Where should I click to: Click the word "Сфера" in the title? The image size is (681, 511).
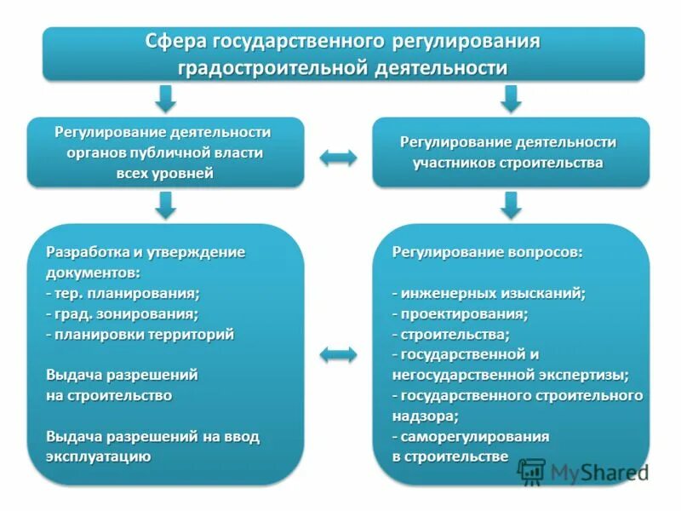[x=175, y=41]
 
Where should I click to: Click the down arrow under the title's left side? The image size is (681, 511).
[x=167, y=98]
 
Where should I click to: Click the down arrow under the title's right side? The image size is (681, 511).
[x=511, y=98]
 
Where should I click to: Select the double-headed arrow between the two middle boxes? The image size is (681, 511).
[x=338, y=157]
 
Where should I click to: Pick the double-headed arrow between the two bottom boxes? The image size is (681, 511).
[x=338, y=354]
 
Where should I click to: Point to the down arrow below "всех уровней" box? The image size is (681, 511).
[x=167, y=204]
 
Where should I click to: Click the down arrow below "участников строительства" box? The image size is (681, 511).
[x=511, y=204]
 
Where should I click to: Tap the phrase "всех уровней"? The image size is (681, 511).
[x=165, y=173]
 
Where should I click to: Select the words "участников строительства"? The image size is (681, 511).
[x=509, y=162]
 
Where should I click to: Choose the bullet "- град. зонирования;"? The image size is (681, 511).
[x=123, y=313]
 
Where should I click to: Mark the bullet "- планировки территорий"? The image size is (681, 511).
[x=140, y=334]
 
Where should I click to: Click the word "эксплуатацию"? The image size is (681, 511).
[x=99, y=456]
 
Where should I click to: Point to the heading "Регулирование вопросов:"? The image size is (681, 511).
[x=487, y=252]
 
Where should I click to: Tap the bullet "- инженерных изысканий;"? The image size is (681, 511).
[x=489, y=293]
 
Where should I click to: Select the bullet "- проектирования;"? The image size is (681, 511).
[x=460, y=313]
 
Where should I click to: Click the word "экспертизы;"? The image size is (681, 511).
[x=583, y=375]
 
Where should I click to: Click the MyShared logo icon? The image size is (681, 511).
[x=532, y=471]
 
